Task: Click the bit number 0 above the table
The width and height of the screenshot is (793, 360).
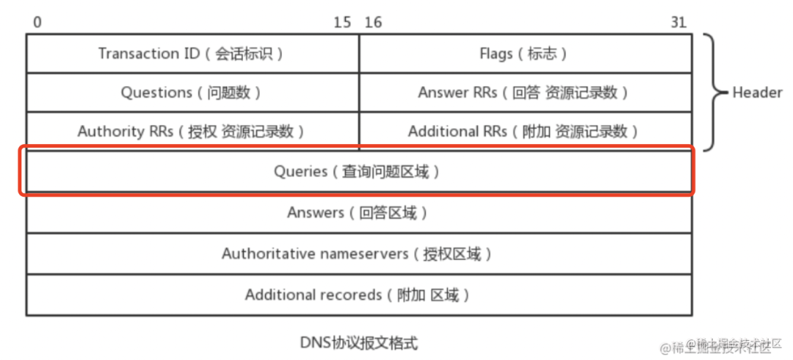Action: click(37, 23)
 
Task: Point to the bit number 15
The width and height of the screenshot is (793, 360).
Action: click(342, 23)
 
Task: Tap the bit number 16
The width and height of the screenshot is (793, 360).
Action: click(373, 23)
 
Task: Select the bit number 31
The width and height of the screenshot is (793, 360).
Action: click(678, 23)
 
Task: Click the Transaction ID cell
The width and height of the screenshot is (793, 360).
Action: click(192, 54)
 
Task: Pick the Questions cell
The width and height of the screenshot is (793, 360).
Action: click(192, 93)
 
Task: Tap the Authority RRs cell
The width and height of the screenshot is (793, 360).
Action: click(192, 132)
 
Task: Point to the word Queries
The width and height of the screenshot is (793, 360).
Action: click(300, 172)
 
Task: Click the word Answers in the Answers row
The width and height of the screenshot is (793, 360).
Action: click(316, 213)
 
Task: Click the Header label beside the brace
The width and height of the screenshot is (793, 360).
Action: click(757, 93)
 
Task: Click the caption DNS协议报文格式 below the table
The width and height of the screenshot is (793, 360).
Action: click(359, 342)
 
